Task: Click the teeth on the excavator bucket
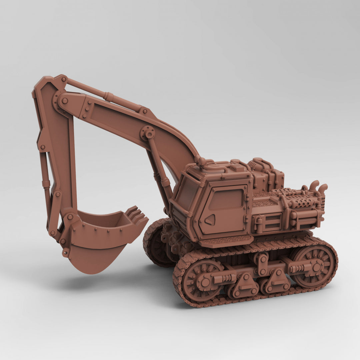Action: click(137, 215)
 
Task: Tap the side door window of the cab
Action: click(226, 199)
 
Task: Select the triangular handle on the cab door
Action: click(210, 220)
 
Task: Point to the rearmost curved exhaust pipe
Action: click(323, 189)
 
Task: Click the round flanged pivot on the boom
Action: click(148, 133)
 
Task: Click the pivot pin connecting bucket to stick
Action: click(70, 217)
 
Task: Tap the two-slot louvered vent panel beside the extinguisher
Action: click(273, 222)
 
